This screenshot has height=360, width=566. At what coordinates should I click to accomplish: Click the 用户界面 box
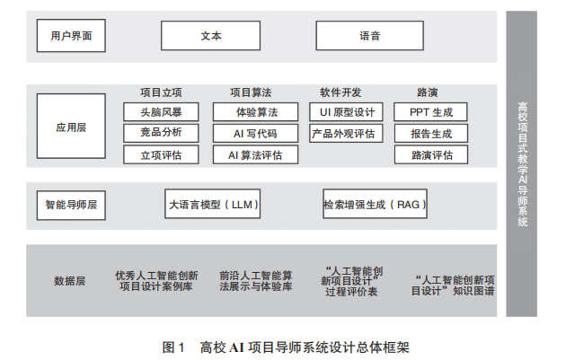(71, 37)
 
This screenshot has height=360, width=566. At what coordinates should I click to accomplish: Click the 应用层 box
(71, 127)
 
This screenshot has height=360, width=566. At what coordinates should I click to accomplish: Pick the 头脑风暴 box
(161, 112)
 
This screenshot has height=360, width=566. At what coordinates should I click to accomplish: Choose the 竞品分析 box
(161, 133)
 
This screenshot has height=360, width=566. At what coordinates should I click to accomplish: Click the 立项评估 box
(161, 154)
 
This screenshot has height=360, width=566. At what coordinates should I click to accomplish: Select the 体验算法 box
(256, 112)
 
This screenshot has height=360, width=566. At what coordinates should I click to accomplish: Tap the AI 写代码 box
(256, 133)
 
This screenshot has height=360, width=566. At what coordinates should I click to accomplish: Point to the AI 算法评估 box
(256, 154)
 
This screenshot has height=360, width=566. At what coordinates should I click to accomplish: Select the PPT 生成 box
(431, 112)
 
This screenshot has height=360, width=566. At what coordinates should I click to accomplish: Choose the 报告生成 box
(431, 133)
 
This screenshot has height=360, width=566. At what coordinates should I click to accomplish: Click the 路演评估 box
(431, 154)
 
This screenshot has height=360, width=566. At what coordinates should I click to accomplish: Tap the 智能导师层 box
(71, 205)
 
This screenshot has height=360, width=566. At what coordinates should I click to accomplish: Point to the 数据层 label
(70, 281)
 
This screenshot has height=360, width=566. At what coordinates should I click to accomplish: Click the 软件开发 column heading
(341, 92)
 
